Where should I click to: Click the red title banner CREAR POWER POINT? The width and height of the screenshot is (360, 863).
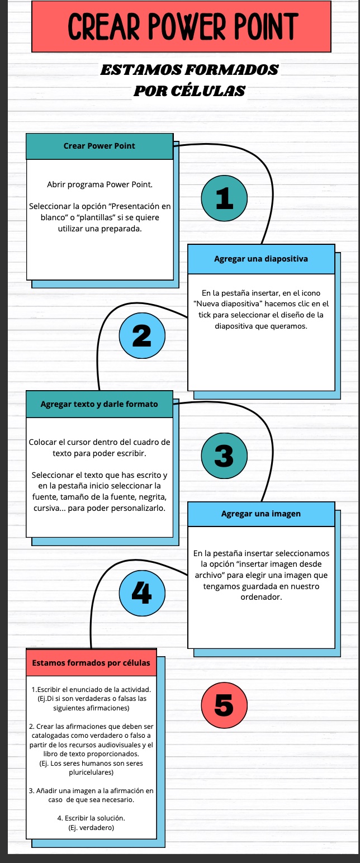[182, 26]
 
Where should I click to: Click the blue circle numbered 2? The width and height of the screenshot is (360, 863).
[143, 335]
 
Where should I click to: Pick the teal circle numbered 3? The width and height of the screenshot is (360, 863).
[224, 457]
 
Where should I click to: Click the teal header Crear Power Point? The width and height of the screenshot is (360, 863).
[100, 146]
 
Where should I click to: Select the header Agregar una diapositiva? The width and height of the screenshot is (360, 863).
[261, 259]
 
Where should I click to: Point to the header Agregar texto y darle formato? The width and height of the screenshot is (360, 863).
[100, 404]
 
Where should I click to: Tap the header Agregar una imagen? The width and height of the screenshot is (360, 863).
[261, 514]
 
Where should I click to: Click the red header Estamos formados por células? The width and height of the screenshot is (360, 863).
[91, 663]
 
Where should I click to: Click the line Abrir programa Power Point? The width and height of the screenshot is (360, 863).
[100, 184]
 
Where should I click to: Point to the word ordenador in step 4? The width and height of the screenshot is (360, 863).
[261, 597]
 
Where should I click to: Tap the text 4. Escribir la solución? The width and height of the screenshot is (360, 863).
[91, 818]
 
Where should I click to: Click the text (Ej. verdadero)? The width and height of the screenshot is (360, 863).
[91, 827]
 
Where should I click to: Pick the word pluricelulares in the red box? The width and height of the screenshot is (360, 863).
[91, 772]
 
